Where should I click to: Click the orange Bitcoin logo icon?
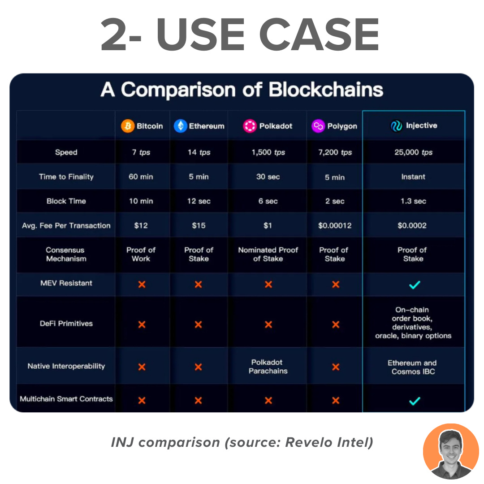pos(127,126)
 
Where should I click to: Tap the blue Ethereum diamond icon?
pos(181,126)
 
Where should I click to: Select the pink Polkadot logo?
pos(250,126)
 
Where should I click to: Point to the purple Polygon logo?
pos(318,126)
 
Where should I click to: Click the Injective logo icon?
pos(397,125)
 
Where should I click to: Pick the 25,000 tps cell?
pos(413,152)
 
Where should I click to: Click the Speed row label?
pos(66,152)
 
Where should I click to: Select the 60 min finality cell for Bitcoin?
pos(141,177)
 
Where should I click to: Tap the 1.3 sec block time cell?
pos(413,201)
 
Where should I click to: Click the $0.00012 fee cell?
pos(335,225)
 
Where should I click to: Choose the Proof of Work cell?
pos(141,254)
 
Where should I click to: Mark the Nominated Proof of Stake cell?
pos(268,254)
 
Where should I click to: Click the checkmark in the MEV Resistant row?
pos(415,285)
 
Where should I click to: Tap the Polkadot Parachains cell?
pos(268,367)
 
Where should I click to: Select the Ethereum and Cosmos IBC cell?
pos(412,367)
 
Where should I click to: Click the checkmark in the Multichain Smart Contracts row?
pos(415,401)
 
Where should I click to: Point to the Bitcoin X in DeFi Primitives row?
pos(142,324)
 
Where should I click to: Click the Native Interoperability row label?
pos(66,366)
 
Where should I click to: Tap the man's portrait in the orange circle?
pos(451,451)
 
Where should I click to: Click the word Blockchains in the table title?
pos(326,90)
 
